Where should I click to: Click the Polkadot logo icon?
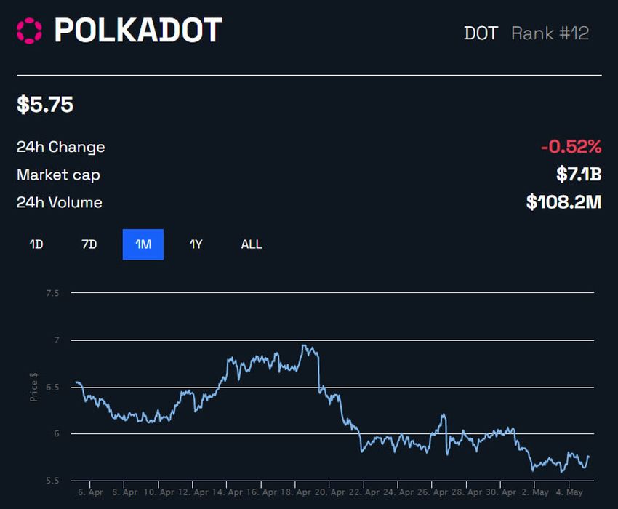point(30,31)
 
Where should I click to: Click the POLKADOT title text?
point(138,31)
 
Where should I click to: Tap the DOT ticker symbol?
point(481,33)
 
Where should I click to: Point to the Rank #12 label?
point(550,33)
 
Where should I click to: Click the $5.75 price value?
point(45,105)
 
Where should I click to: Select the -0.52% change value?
point(571,147)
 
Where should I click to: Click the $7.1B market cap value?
point(579,175)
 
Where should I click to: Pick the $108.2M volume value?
point(563,202)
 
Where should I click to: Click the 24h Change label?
point(60,147)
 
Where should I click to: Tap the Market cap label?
point(58,175)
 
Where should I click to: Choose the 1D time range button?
point(36,244)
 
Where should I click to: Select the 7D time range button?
point(89,244)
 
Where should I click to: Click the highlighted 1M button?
point(143,244)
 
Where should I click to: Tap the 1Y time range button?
point(196,244)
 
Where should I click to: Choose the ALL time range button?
point(252,244)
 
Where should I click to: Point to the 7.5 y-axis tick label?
point(52,293)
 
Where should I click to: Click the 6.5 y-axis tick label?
point(52,387)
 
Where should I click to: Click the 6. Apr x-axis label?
point(90,492)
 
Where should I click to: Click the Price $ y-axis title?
point(34,387)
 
